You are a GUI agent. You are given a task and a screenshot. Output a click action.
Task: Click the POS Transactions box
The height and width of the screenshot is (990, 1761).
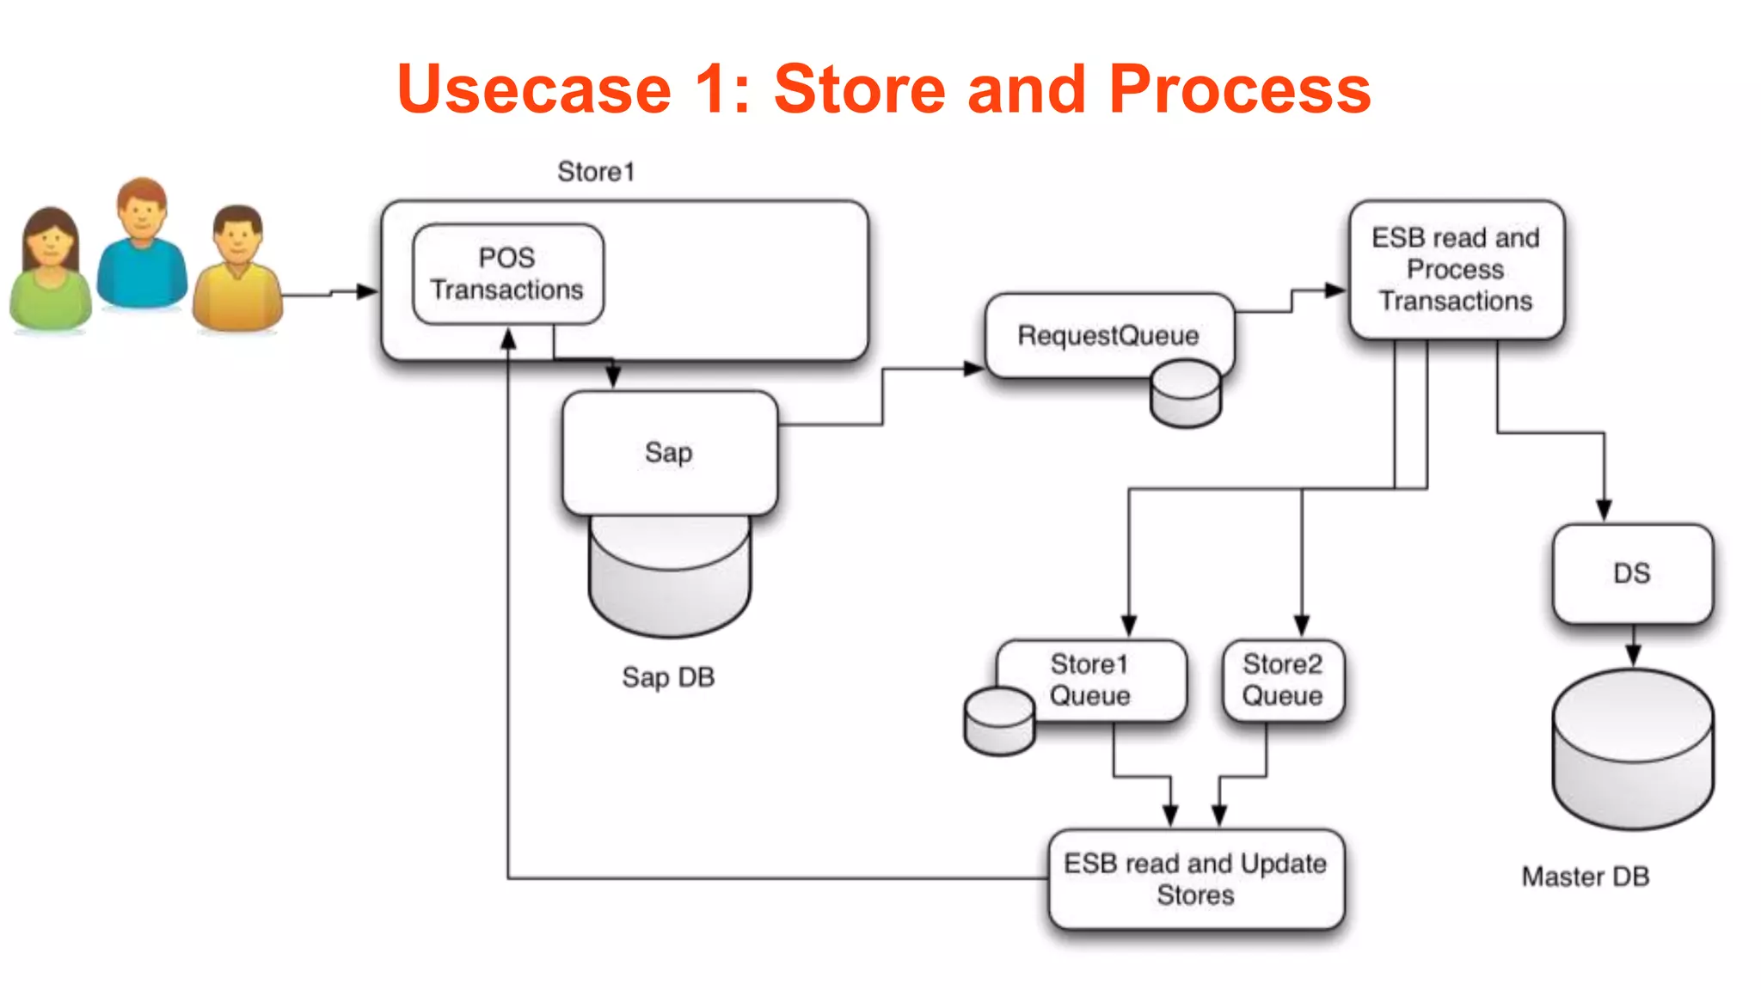(x=507, y=274)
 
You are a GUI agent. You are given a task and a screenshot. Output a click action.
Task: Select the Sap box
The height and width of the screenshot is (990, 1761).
(x=669, y=453)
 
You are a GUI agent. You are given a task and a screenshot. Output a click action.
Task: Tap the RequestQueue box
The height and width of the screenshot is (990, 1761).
(x=1108, y=335)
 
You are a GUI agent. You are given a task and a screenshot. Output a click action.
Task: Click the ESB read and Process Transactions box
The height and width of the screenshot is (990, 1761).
(x=1456, y=270)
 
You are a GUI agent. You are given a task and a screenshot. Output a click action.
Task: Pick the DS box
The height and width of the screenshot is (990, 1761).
(x=1632, y=573)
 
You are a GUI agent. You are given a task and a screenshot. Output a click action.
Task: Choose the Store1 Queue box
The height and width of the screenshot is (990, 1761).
(x=1090, y=680)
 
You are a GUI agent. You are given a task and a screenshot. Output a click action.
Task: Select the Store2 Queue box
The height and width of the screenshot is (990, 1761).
(x=1283, y=680)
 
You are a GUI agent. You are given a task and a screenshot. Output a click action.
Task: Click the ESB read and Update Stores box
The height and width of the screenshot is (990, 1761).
(x=1195, y=879)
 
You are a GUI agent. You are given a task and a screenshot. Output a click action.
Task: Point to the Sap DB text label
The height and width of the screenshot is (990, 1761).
(x=668, y=677)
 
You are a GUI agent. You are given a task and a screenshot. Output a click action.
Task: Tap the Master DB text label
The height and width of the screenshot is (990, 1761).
(x=1585, y=877)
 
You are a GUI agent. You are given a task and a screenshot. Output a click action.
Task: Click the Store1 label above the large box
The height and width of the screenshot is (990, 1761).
(x=596, y=172)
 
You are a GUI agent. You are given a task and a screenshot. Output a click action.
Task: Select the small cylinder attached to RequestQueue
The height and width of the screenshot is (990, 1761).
(x=1185, y=394)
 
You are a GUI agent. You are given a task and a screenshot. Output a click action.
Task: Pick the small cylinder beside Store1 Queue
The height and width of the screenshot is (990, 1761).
(x=999, y=721)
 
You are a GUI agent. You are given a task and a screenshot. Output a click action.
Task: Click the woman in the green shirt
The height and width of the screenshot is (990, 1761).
(x=50, y=271)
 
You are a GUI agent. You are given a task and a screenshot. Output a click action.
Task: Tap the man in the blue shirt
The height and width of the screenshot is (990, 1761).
(x=142, y=245)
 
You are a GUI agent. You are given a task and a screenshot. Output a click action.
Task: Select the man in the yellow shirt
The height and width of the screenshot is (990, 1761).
(x=238, y=271)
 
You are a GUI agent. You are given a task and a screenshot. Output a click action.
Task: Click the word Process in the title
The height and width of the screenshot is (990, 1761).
(x=1239, y=89)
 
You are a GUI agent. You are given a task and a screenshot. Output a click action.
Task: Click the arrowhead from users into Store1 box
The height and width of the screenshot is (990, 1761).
(x=368, y=291)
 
